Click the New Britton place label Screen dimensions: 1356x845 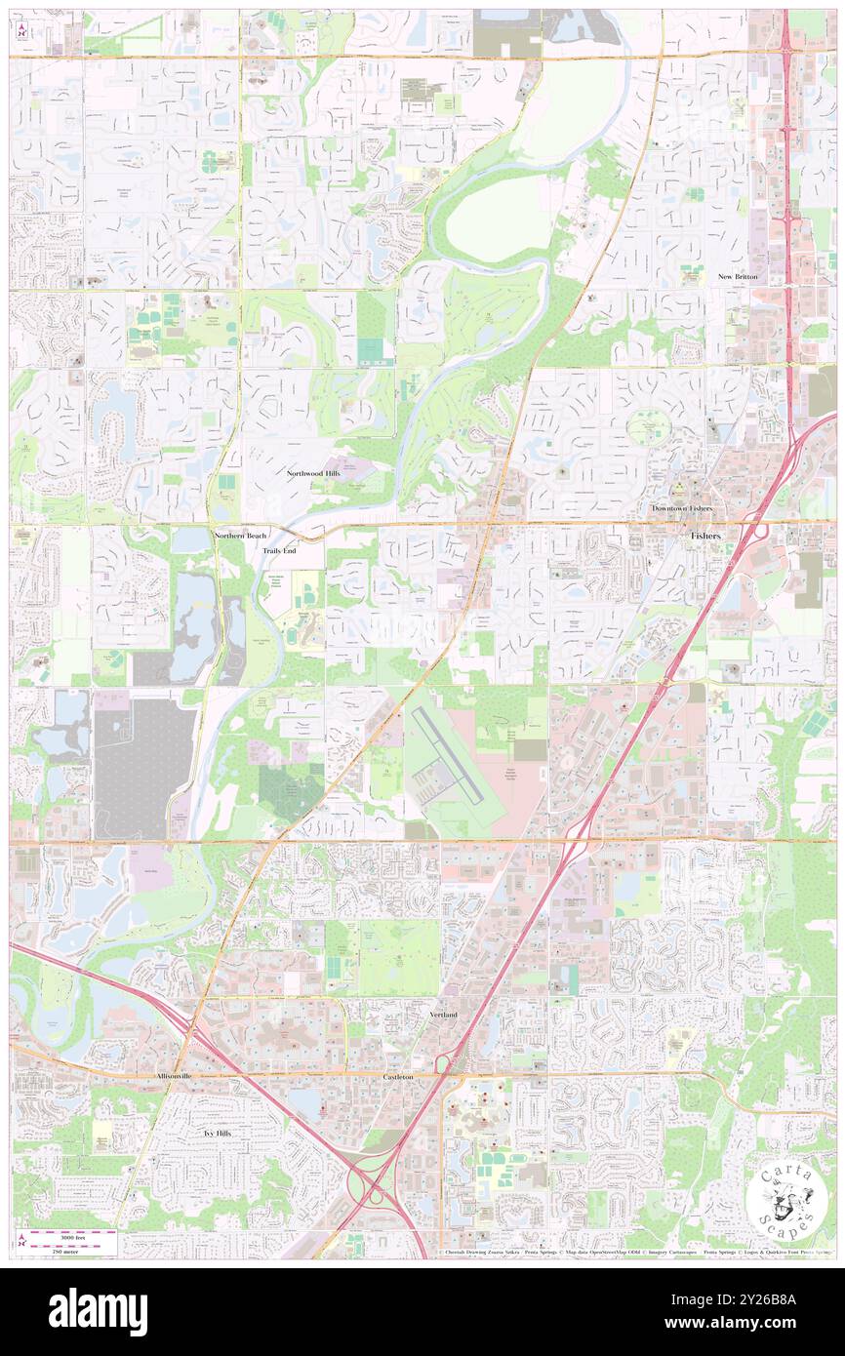[x=739, y=277]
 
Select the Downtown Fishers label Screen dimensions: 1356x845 [x=682, y=509]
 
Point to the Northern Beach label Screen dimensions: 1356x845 [x=239, y=536]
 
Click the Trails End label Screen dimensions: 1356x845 [x=279, y=551]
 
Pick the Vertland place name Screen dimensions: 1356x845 [x=443, y=1016]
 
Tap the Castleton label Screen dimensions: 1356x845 [x=397, y=1077]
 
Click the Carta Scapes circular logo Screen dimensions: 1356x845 [x=786, y=1202]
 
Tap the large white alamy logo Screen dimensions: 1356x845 [x=98, y=1312]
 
